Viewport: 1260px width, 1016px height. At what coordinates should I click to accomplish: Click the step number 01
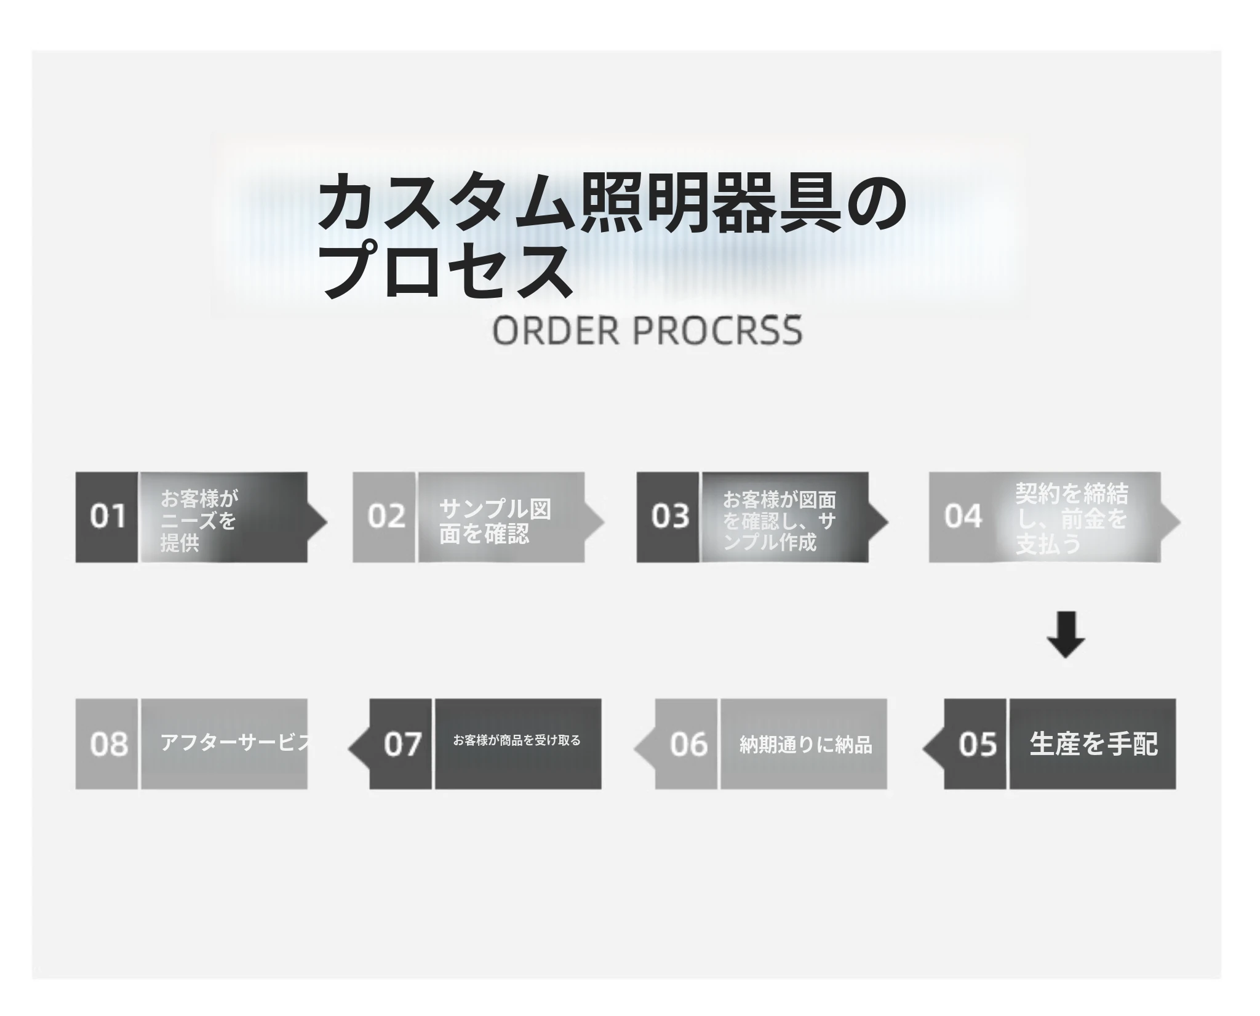[108, 516]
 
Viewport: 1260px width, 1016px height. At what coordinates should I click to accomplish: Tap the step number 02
[386, 516]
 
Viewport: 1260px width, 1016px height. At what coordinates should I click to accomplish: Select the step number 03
[670, 516]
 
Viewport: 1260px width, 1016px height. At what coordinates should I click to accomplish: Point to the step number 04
[963, 516]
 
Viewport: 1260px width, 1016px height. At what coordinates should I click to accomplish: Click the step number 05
[978, 744]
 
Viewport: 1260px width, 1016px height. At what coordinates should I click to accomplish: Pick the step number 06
[688, 744]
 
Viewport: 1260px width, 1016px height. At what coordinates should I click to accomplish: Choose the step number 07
[402, 744]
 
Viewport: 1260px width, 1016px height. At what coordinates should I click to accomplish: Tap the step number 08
[109, 744]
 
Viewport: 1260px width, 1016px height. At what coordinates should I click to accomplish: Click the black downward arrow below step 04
[1066, 634]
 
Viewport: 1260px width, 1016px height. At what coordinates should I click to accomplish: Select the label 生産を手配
[1093, 743]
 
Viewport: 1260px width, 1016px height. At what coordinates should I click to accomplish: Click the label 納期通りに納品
[805, 745]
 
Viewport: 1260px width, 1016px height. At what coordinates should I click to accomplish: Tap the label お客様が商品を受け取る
[517, 740]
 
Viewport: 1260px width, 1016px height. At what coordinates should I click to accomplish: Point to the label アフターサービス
[237, 742]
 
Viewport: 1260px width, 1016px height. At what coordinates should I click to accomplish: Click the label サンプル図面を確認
[495, 521]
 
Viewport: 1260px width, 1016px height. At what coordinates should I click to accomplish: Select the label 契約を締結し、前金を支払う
[1072, 519]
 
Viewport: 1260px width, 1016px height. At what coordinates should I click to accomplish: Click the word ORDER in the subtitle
[556, 330]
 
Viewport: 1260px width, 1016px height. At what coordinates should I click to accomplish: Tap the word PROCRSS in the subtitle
[717, 330]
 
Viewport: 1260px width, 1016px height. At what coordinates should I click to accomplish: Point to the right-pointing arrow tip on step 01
[327, 522]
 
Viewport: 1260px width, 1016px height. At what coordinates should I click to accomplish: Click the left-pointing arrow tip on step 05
[923, 749]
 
